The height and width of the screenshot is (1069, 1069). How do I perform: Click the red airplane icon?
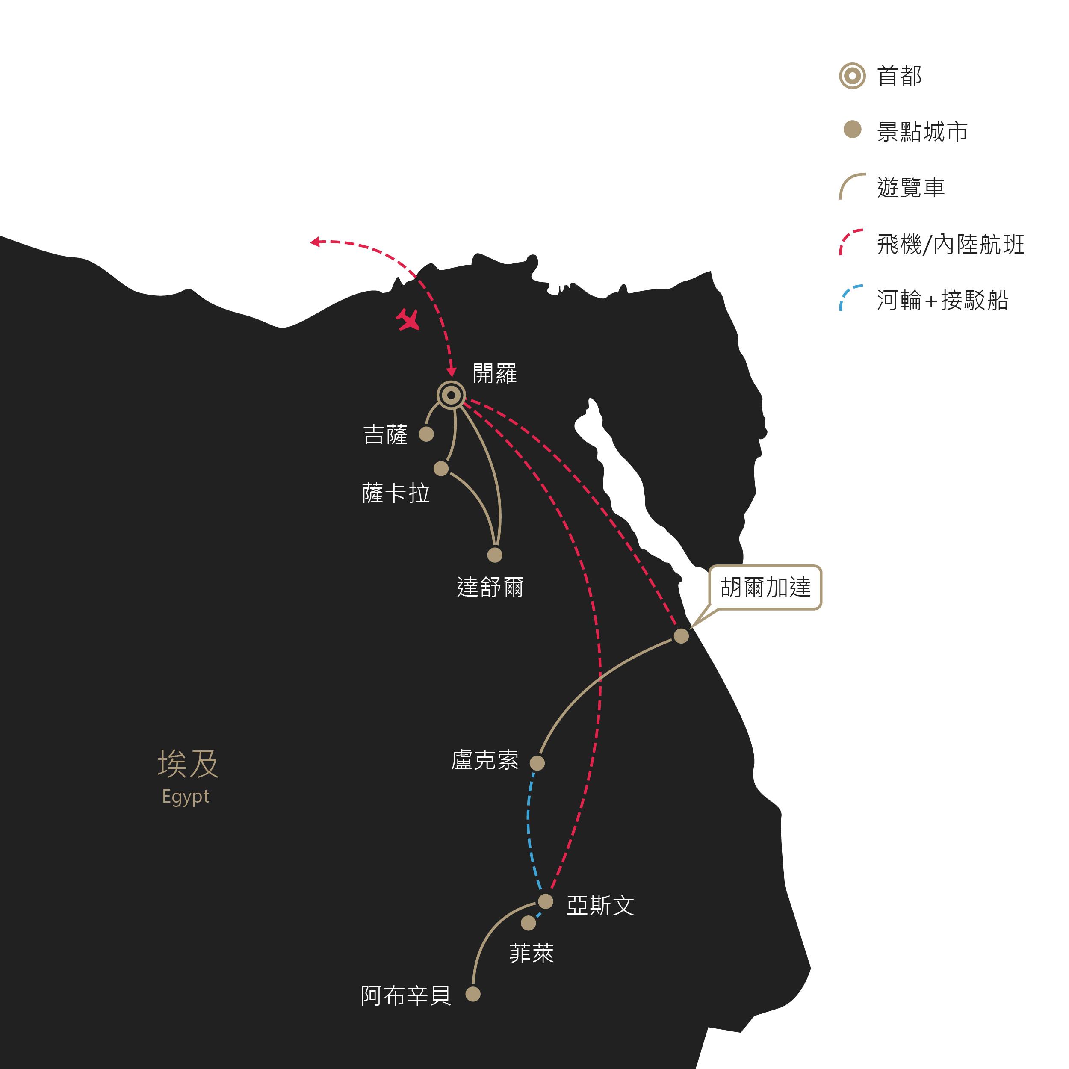click(408, 320)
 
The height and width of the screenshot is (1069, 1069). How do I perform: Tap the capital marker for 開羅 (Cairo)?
click(451, 395)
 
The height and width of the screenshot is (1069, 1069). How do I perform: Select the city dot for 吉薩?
click(426, 434)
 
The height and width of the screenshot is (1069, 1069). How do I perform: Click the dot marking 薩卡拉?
click(441, 469)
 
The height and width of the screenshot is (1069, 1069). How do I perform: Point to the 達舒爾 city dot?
click(495, 555)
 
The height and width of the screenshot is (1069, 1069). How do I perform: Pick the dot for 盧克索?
click(537, 763)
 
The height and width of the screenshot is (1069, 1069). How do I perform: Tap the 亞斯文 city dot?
click(546, 901)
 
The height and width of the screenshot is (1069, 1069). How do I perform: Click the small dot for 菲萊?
click(529, 923)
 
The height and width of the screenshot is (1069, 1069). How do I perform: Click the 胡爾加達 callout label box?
click(766, 588)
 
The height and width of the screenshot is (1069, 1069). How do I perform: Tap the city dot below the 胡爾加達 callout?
click(681, 636)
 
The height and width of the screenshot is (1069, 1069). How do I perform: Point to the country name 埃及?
click(188, 764)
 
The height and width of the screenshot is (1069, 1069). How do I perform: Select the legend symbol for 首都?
click(852, 75)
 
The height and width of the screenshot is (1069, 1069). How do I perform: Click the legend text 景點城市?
click(922, 132)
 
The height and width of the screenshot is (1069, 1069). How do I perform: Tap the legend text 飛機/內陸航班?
click(951, 245)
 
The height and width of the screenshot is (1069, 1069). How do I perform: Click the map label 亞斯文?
click(600, 906)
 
